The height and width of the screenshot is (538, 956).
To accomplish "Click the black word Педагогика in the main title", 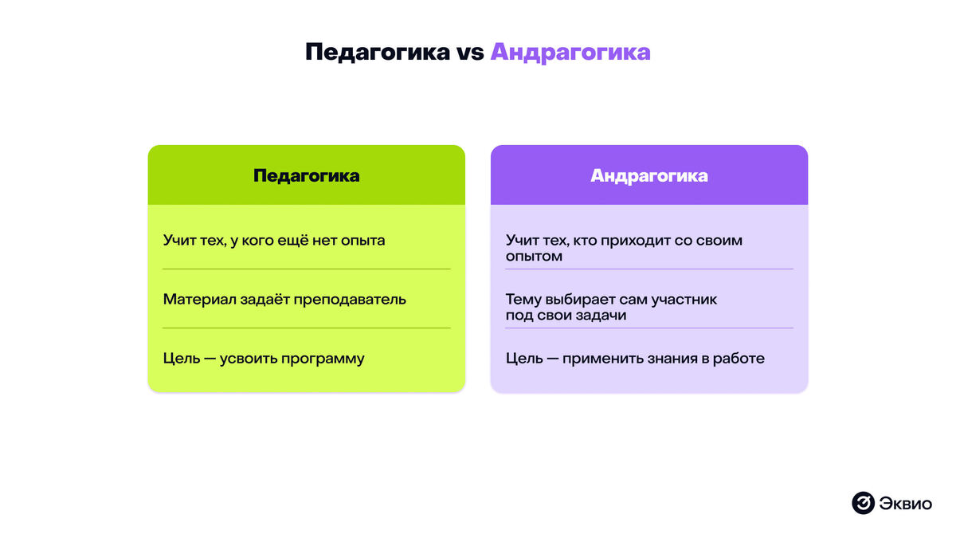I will (x=378, y=52).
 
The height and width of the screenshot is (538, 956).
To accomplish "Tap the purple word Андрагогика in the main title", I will (x=570, y=52).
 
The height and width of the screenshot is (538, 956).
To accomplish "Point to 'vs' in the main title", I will (x=470, y=53).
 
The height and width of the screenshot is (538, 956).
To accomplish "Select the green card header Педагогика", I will (x=306, y=175).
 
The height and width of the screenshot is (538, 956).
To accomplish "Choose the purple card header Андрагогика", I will (x=648, y=175).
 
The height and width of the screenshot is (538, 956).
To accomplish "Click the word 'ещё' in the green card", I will (x=290, y=240).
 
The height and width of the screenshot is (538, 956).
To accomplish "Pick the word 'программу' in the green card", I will (x=322, y=359).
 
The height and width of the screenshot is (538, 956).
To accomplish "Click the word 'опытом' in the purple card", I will (x=534, y=257).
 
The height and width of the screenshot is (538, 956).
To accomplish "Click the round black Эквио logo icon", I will (x=864, y=503).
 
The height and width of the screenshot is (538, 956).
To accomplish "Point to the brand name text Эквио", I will (x=906, y=503).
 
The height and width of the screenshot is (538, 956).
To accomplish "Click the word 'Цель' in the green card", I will (x=179, y=359).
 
